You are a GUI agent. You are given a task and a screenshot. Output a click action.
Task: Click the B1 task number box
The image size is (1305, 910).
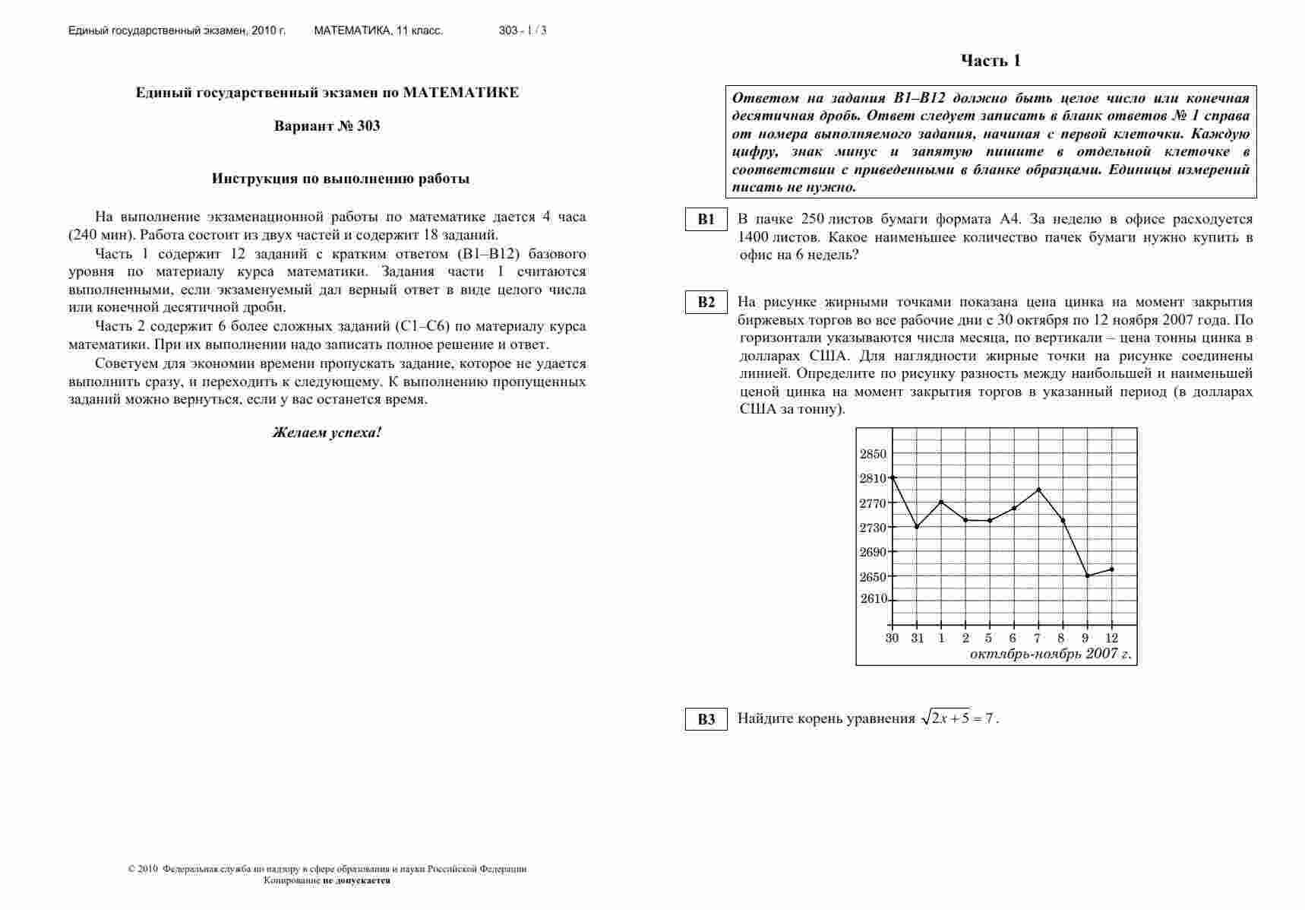point(706,219)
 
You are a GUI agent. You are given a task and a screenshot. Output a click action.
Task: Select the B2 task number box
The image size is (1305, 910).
point(706,302)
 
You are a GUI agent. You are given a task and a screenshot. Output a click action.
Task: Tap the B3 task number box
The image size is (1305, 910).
point(706,719)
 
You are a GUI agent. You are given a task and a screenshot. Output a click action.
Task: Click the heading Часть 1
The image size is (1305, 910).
point(991,61)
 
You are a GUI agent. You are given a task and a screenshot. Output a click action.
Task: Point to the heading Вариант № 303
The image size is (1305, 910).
point(327,126)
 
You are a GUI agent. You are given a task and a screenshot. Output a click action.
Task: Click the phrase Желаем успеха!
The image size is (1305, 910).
point(327,433)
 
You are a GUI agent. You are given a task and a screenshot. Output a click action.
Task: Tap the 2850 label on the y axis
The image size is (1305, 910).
point(873,454)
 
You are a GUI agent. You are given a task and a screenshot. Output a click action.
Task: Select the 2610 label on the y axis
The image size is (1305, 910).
point(873,599)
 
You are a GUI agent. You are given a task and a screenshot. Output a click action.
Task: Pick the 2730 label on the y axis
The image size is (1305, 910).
point(873,528)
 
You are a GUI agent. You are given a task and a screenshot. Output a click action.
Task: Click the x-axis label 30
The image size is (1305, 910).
point(892,638)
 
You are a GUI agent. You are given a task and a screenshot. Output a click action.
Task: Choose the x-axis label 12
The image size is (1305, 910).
point(1111,638)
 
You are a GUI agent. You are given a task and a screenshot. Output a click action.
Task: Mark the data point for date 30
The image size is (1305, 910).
point(893,477)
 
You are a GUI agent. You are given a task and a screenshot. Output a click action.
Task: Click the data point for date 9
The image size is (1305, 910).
point(1087,575)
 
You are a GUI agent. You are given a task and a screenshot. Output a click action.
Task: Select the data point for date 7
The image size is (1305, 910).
point(1038,490)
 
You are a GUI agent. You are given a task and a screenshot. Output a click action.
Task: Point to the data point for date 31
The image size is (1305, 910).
point(917,527)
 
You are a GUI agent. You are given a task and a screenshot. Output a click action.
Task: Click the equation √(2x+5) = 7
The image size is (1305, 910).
point(958,718)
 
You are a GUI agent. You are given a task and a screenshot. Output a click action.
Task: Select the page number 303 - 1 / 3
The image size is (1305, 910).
point(523,31)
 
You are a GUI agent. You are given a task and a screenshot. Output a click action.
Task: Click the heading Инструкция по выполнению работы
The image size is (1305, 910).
point(340,179)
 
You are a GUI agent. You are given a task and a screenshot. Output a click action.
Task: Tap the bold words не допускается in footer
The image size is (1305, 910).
point(356,880)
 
